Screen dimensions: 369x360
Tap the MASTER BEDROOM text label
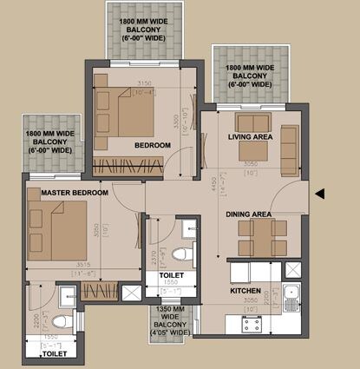point(62,191)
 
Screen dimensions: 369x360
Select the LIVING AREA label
point(251,137)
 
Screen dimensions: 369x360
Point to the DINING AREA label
point(249,214)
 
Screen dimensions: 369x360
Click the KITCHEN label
point(246,292)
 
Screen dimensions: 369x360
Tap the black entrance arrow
point(321,194)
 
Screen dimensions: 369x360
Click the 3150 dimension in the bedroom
point(145,84)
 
